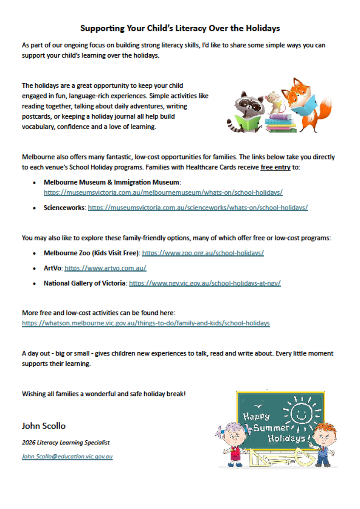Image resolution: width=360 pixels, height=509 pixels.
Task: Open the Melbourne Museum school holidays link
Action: tap(163, 193)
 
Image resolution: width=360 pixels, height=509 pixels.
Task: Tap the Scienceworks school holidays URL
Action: tap(198, 208)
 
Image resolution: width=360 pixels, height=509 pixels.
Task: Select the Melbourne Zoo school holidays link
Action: tap(203, 253)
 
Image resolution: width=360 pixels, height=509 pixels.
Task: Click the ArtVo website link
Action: tap(105, 268)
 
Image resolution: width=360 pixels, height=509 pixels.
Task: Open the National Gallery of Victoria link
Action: tap(205, 283)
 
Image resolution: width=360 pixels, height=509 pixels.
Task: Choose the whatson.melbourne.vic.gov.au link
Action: tap(146, 323)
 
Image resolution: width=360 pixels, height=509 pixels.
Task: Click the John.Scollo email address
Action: tap(67, 457)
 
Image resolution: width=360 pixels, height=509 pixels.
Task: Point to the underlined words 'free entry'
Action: tap(275, 168)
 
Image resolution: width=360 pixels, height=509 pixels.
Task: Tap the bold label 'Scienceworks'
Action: tap(65, 208)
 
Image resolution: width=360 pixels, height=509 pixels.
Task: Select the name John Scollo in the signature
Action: tap(44, 425)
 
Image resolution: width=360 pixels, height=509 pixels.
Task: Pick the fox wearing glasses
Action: tap(308, 102)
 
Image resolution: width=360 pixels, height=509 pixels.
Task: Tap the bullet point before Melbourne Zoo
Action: tap(34, 253)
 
